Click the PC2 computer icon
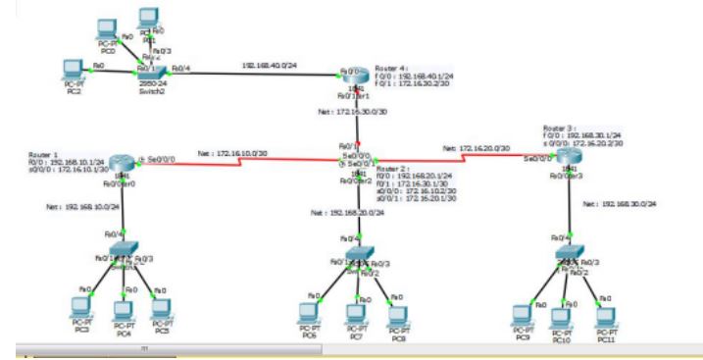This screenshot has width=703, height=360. pos(71,69)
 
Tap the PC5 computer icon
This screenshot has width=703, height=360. pos(162,307)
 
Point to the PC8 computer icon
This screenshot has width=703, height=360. pos(396,313)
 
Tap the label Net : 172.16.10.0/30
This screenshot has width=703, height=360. pos(233,154)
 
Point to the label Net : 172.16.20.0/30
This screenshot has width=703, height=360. pos(477,148)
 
